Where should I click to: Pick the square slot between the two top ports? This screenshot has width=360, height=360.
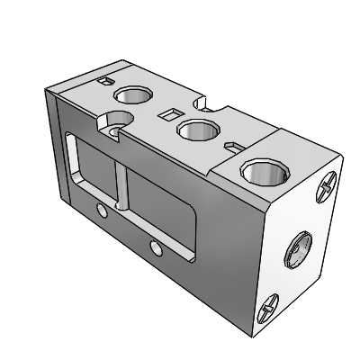tap(165, 113)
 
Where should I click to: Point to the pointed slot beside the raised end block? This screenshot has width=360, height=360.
tap(232, 143)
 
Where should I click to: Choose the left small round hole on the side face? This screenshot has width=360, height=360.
tap(101, 211)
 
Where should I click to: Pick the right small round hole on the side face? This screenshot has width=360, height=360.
tap(156, 245)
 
